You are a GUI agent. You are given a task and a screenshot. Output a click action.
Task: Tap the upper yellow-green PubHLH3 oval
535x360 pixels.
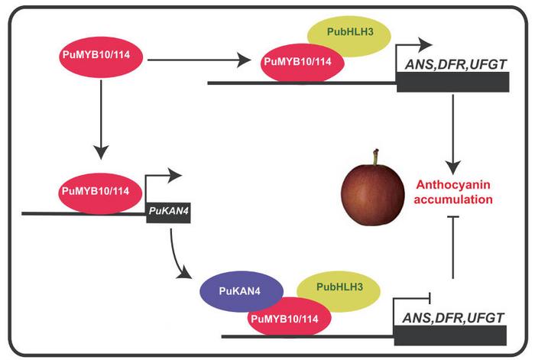coord(349,34)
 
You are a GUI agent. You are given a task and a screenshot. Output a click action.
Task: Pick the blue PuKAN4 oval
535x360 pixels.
coord(240,291)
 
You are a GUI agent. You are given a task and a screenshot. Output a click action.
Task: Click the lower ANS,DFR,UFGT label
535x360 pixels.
coord(449,317)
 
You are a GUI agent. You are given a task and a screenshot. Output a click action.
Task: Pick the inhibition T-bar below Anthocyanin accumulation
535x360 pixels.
coord(456,245)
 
